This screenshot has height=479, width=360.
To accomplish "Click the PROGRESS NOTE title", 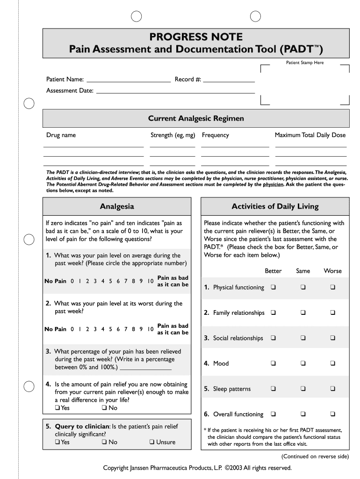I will point(196,37).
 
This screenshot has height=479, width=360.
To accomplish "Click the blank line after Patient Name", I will point(129,81).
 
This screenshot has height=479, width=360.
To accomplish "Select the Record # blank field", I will point(229,81).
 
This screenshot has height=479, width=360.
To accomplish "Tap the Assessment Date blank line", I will point(175,93).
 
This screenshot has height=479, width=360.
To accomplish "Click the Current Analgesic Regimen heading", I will point(196,119).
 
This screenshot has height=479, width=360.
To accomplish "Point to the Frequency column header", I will point(216,135).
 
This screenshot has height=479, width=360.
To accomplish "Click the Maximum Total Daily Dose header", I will point(310,135).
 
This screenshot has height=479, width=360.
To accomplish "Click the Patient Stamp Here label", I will point(305,63).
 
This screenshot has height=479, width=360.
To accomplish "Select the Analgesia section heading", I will point(117,206).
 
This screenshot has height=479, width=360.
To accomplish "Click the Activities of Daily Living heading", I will point(275,206).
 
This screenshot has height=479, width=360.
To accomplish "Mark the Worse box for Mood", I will point(333,363).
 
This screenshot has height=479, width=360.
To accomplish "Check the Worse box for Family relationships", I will point(333,312).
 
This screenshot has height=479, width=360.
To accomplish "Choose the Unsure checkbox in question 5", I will point(152,442).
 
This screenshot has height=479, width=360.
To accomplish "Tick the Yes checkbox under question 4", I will point(57,408).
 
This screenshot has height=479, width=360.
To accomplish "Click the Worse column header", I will point(333,271).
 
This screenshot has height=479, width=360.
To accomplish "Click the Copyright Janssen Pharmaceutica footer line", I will point(197,468).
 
